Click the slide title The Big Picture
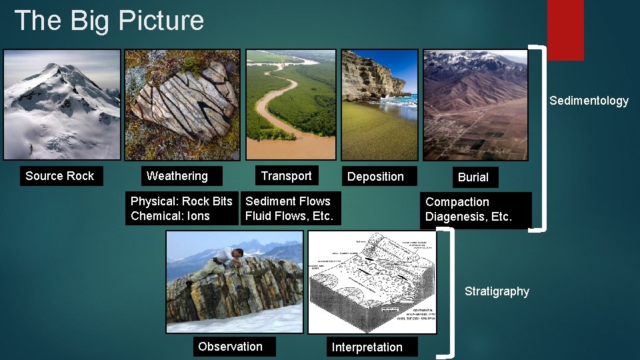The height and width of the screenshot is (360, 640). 109,21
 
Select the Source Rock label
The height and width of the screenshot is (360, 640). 60,176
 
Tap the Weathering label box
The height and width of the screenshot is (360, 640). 177,176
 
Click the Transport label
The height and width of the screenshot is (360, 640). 286,175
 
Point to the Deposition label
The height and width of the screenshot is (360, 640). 375,177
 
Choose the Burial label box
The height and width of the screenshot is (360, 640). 473,177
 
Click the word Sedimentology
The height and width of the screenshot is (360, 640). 589,101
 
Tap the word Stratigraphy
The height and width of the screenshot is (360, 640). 497,291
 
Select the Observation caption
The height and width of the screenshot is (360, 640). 230,347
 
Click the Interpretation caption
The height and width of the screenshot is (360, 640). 367,347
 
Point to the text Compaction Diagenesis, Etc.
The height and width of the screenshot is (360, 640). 469,209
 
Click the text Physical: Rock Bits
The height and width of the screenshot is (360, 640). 181,201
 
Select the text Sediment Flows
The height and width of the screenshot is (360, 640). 288,201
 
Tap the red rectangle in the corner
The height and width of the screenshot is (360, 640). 565,30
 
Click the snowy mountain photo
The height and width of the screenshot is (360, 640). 62,104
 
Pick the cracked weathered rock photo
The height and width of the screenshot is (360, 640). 183,104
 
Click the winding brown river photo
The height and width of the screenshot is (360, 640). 291,104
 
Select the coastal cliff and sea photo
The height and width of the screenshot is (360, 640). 379,104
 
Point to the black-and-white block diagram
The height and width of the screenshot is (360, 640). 372,282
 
